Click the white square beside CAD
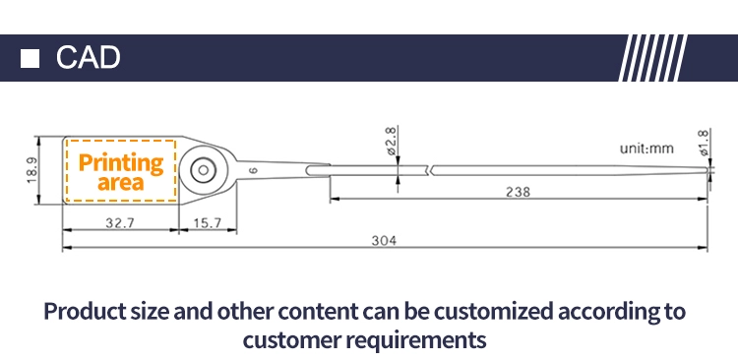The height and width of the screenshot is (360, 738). [30, 58]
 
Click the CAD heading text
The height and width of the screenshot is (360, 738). [88, 58]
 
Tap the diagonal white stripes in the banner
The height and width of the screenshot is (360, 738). [652, 58]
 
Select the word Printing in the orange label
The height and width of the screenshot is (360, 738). [121, 163]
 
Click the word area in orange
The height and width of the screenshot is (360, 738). [120, 183]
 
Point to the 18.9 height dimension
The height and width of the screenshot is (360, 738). [32, 170]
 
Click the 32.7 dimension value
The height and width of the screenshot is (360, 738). [120, 222]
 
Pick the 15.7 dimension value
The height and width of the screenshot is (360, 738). [207, 222]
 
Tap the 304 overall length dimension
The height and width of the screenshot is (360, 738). [384, 240]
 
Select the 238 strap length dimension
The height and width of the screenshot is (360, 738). [518, 192]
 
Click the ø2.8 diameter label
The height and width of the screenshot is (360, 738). [391, 141]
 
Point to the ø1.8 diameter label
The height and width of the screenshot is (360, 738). [704, 143]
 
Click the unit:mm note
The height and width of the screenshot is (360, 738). [646, 149]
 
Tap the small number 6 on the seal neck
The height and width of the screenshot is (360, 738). [253, 170]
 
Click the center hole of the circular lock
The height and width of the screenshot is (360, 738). [204, 170]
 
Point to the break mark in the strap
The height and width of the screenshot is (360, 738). [429, 170]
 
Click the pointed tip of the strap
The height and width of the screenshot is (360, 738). [707, 170]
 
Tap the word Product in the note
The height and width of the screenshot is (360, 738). [86, 312]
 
